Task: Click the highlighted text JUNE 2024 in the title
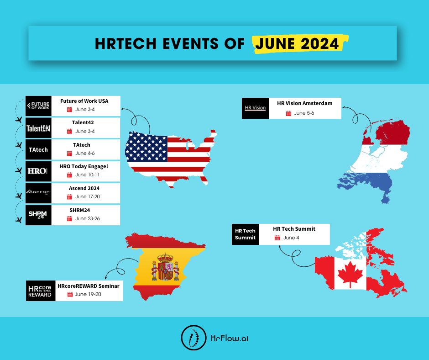(x=297, y=43)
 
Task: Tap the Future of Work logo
(x=38, y=106)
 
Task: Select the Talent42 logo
(x=38, y=128)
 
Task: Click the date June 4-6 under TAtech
(x=85, y=153)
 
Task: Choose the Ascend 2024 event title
(x=84, y=188)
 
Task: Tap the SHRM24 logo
(x=38, y=215)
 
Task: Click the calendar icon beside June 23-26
(x=69, y=218)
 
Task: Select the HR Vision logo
(x=255, y=108)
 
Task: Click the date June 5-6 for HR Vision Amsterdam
(x=304, y=113)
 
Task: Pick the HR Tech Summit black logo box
(x=245, y=234)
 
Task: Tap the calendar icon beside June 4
(x=277, y=238)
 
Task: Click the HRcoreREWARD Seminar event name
(x=89, y=286)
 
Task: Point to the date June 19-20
(x=88, y=294)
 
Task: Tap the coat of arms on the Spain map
(x=165, y=267)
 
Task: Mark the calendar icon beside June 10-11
(x=69, y=175)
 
